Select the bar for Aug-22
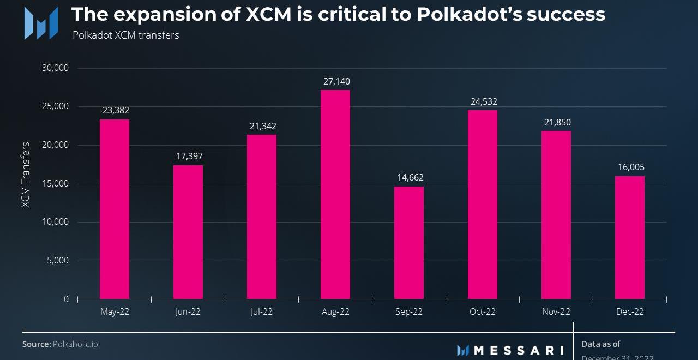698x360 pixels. point(335,195)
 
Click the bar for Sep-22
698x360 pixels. point(409,243)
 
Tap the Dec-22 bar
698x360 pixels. point(630,237)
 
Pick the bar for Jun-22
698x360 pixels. point(188,232)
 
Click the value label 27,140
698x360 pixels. point(336,82)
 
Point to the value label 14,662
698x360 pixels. point(410,178)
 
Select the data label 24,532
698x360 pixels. point(483,102)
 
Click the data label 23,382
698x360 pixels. point(116,111)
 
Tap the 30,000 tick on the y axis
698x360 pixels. point(55,68)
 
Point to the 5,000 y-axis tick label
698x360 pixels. point(58,261)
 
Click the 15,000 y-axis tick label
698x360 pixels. point(55,184)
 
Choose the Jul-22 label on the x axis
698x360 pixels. point(261,312)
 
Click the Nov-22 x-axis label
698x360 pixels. point(556,312)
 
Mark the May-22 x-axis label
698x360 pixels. point(115,312)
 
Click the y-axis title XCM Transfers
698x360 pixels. point(26,175)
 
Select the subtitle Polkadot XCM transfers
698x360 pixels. point(125,35)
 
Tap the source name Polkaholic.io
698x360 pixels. point(75,344)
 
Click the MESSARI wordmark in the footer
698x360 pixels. point(518,350)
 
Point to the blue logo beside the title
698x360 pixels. point(41,23)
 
